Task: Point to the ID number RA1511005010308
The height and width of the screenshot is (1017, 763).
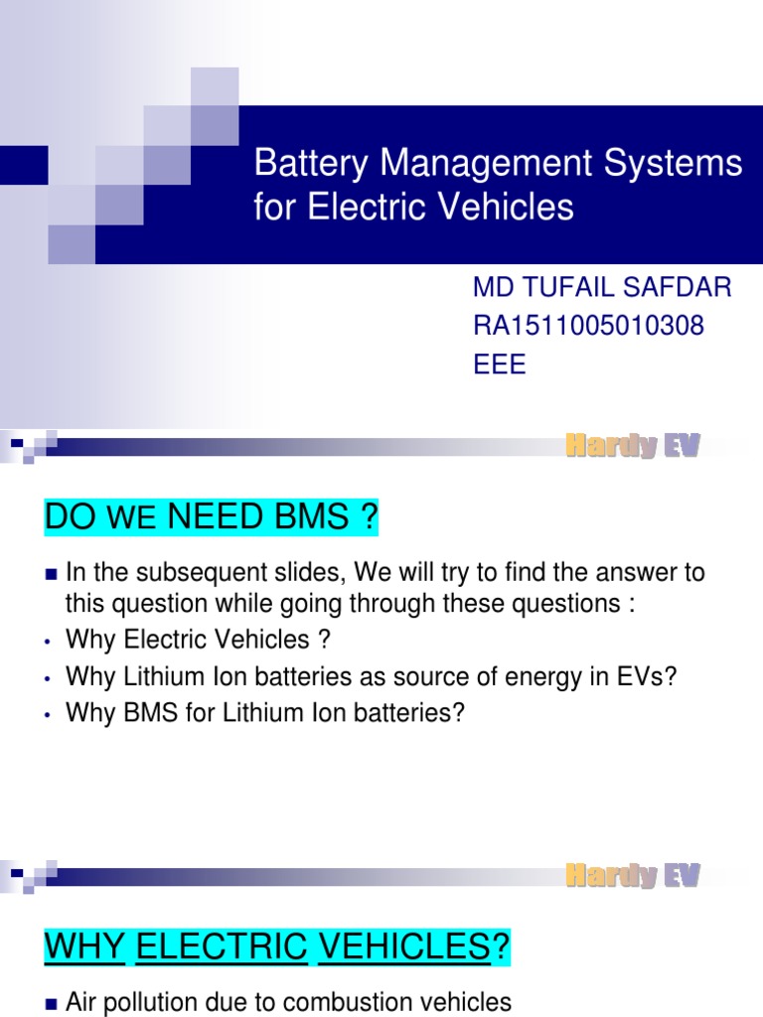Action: [588, 327]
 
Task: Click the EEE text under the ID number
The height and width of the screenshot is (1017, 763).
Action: [500, 364]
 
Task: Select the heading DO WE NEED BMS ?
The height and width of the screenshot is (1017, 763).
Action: [212, 517]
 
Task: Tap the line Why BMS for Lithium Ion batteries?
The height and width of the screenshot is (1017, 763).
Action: [265, 714]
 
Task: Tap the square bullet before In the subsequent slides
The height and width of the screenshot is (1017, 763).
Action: [52, 574]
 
